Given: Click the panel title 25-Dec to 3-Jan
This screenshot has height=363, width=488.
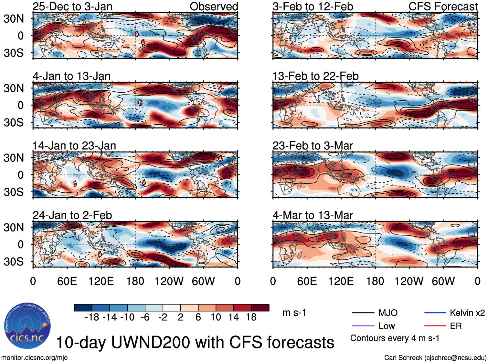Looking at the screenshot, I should (x=72, y=6).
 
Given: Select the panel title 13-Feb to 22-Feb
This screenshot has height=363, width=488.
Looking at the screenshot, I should (x=315, y=76).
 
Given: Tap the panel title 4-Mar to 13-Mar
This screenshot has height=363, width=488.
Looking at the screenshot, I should (x=313, y=215).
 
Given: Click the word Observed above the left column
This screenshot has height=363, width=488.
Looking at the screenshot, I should (x=214, y=6).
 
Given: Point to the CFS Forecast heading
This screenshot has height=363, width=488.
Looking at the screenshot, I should (x=443, y=6).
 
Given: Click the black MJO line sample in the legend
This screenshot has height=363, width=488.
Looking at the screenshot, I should (x=363, y=313).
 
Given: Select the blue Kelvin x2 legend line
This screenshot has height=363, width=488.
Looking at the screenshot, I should (x=435, y=313).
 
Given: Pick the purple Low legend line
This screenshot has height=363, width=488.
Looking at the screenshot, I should (x=363, y=326).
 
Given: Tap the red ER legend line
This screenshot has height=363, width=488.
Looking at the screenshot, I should (x=435, y=326).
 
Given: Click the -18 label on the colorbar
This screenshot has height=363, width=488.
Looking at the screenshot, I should (x=92, y=317).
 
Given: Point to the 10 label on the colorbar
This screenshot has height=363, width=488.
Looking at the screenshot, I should (x=216, y=317).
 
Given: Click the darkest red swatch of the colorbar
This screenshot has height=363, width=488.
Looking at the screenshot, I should (x=260, y=308).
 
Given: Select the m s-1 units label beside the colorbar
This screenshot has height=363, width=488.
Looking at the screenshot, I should (x=294, y=313).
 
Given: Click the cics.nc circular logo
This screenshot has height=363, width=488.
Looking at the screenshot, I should (x=27, y=326).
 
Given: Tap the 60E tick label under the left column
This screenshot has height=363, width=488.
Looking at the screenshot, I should (x=67, y=281).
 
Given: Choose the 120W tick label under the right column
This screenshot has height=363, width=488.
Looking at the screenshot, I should (x=409, y=281).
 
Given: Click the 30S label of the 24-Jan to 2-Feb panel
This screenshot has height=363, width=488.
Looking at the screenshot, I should (x=14, y=262).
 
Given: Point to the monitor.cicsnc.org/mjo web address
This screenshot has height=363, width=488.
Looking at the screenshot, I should (x=35, y=358).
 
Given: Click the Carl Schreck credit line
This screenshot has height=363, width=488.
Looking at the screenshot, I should (x=435, y=358).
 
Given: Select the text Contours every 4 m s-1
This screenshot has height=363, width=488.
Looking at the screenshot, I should (x=395, y=338).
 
